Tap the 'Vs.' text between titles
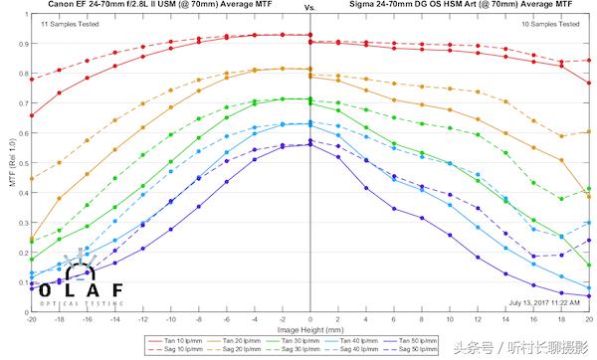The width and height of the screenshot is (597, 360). (x=310, y=5)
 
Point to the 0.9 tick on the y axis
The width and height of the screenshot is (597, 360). (x=22, y=44)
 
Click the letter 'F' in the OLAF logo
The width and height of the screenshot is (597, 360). (x=117, y=289)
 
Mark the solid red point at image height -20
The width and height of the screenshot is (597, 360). (x=32, y=115)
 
